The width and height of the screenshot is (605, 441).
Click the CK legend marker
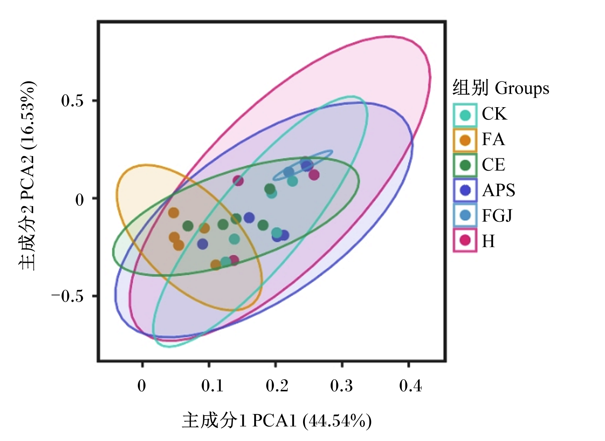click(x=465, y=115)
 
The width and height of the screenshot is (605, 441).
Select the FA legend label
click(x=493, y=139)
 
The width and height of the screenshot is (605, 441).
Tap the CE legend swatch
click(x=465, y=165)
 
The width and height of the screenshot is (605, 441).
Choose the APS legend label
click(x=499, y=190)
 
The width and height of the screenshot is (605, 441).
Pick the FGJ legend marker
click(x=465, y=215)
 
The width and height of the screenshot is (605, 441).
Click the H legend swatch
click(x=465, y=240)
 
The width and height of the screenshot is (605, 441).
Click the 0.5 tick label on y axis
click(x=72, y=101)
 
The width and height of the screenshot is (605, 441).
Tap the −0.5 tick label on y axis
click(x=67, y=297)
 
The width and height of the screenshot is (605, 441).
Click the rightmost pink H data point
click(x=314, y=175)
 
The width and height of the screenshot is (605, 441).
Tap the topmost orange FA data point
click(x=174, y=213)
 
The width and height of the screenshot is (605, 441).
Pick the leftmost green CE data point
click(x=188, y=226)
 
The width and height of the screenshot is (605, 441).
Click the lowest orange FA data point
click(x=216, y=265)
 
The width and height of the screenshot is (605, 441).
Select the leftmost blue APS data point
click(x=202, y=244)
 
